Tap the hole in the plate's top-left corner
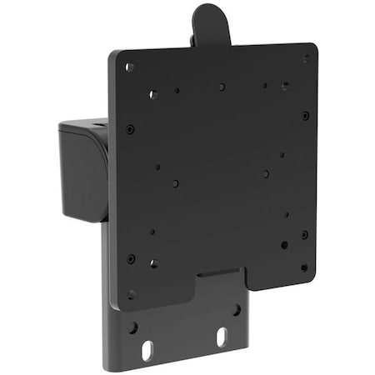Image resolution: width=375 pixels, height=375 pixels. coord(129,67)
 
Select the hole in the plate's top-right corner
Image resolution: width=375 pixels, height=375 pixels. coord(306,58)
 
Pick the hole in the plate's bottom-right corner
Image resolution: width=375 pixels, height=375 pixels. coord(303,267)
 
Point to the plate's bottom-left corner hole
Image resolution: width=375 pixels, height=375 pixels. coord(131,293)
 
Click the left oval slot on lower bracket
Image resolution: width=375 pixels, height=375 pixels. coord(147,343)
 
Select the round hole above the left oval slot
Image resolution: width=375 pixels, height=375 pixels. coord(133,327)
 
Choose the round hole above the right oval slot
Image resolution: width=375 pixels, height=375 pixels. coord(237,309)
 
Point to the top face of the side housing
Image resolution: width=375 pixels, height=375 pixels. coord(83,127)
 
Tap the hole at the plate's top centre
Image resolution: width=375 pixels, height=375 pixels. coord(222,87)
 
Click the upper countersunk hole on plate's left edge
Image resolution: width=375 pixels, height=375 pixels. coord(130,129)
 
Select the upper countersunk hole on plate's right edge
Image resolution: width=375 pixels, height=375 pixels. coord(306,116)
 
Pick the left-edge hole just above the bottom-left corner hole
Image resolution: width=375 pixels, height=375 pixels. coord(131,259)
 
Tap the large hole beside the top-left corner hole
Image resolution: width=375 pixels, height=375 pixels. coord(153,94)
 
